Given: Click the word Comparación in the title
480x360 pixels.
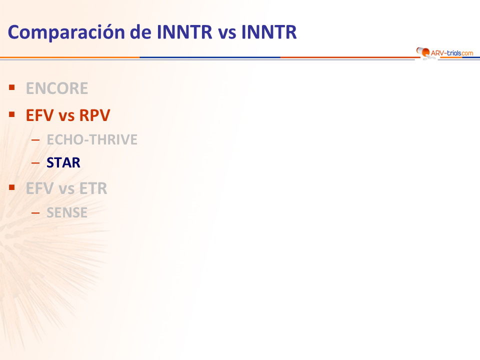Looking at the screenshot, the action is [66, 32].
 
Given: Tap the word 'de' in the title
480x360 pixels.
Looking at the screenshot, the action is [140, 32].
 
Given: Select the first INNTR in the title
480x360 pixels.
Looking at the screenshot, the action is [184, 32].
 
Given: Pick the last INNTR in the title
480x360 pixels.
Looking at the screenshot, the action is [269, 32].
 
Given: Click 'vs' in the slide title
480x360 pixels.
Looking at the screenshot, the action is [227, 33].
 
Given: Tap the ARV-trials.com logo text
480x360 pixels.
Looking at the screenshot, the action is [452, 53].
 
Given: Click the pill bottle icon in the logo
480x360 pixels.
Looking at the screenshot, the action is [423, 51].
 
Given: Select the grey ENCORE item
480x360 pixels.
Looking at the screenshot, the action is [57, 88].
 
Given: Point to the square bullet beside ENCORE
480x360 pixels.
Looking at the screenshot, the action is [12, 88].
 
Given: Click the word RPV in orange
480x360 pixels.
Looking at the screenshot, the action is [94, 115].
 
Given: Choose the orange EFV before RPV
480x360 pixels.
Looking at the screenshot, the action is [39, 115].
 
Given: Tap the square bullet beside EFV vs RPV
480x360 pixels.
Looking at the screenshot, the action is [12, 115].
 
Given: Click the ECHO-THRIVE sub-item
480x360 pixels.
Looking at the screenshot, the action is [92, 139].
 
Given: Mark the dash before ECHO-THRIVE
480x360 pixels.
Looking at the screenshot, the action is [35, 140].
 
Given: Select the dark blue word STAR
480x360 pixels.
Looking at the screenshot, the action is [63, 162].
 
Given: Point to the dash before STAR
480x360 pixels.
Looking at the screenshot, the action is [35, 163].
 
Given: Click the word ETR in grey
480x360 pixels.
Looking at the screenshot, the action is [93, 188].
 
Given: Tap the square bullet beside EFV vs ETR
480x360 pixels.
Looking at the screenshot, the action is [12, 187].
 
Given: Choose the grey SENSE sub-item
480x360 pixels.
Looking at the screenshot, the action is [67, 212].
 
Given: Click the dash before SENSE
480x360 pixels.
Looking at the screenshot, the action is [35, 213].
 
